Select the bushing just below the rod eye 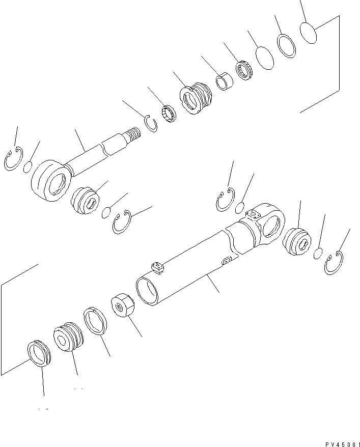tap(85, 200)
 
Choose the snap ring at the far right tap(334, 264)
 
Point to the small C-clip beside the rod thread tap(150, 123)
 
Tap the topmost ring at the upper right tap(308, 32)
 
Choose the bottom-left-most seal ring tap(38, 352)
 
